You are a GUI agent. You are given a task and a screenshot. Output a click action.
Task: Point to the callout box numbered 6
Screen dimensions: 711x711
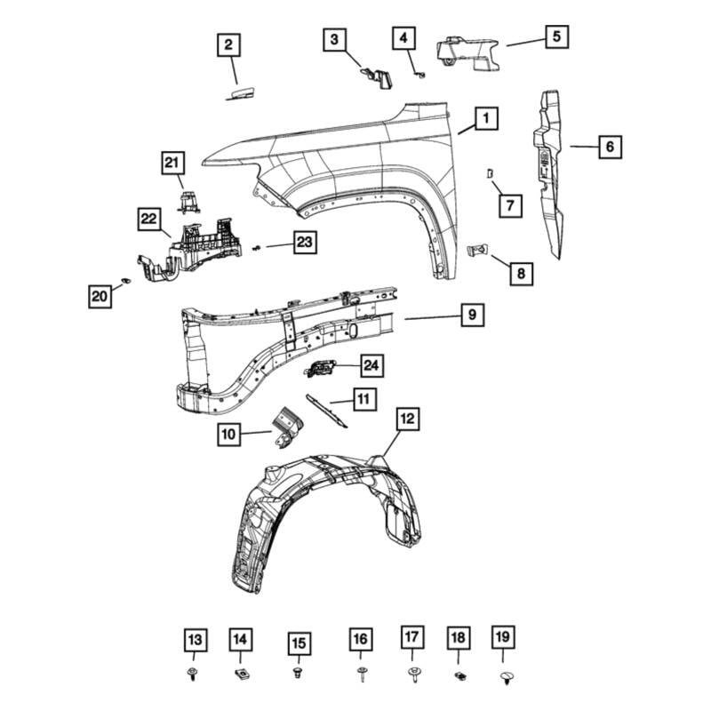tap(610, 145)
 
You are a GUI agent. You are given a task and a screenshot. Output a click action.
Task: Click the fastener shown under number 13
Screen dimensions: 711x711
tap(194, 675)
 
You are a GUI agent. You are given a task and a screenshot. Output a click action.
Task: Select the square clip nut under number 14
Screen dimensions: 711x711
tap(240, 674)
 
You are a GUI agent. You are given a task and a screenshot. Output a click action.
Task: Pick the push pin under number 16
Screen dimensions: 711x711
tap(361, 675)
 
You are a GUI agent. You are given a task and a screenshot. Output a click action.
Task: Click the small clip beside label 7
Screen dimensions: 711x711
tap(489, 172)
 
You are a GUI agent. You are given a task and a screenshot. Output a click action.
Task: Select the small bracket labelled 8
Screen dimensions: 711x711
tap(475, 252)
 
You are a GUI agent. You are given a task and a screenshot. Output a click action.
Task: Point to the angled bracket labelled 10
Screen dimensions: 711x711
tap(287, 424)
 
